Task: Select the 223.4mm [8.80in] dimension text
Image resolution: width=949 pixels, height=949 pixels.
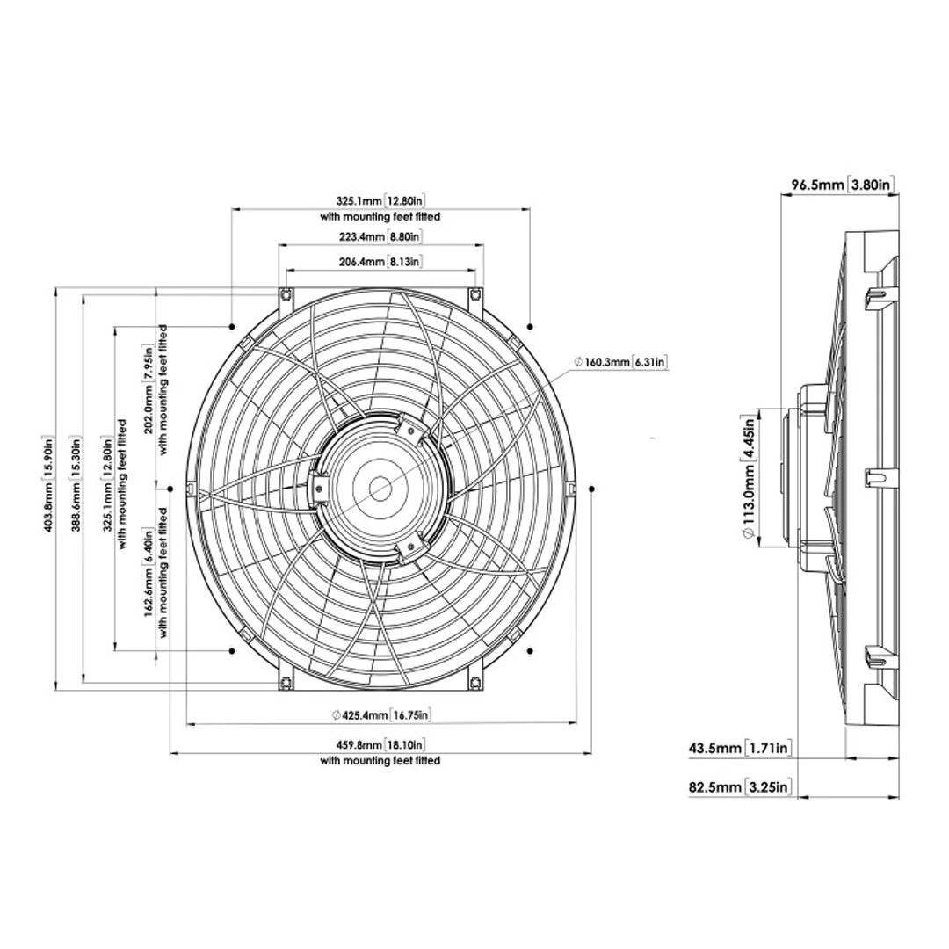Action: coord(380,237)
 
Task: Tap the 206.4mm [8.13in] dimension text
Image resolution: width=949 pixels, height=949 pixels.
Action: coord(380,262)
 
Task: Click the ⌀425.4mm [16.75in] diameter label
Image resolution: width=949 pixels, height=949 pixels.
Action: coord(380,715)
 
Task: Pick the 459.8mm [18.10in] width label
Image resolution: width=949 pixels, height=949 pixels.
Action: coord(380,745)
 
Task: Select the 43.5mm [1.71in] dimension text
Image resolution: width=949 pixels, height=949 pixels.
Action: coord(741,749)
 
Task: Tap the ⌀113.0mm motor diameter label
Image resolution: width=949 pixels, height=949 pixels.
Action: coord(749,480)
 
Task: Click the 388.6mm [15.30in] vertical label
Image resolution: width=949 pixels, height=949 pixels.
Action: coord(76,488)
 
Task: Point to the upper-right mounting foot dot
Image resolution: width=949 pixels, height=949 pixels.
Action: coord(530,327)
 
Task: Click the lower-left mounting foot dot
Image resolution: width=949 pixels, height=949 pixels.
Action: coord(231,651)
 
